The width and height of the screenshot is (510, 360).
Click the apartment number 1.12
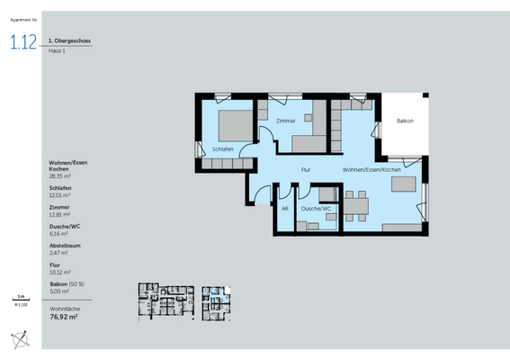[x=23, y=42]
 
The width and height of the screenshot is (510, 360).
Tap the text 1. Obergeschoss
[x=70, y=40]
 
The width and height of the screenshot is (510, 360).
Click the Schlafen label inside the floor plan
[x=223, y=148]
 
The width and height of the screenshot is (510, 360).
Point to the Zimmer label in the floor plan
[x=286, y=121]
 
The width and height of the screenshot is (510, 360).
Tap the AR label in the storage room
[x=285, y=209]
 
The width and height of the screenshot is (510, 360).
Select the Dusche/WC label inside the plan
[x=317, y=209]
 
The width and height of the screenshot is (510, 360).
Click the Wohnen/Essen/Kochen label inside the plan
[x=371, y=170]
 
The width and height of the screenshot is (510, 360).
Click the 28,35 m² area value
[x=61, y=176]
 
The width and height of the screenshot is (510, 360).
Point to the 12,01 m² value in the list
[x=60, y=194]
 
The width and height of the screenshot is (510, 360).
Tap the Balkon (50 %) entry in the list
[x=69, y=283]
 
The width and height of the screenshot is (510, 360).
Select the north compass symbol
[x=20, y=339]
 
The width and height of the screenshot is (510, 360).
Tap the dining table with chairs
[x=354, y=203]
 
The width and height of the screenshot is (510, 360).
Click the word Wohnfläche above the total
[x=64, y=308]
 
